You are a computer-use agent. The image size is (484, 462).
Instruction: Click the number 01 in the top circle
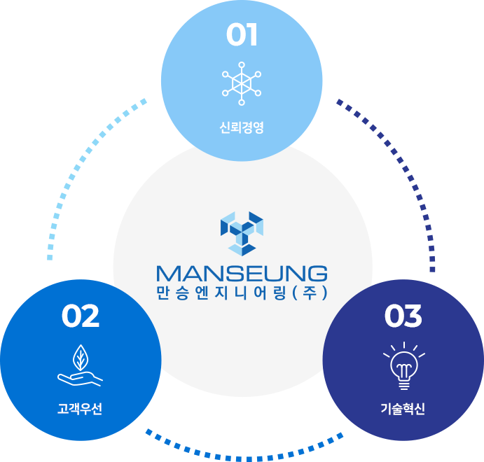tap(242, 34)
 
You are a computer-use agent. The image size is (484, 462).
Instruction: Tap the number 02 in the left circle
tap(81, 316)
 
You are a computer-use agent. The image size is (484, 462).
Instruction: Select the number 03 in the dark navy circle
tap(403, 316)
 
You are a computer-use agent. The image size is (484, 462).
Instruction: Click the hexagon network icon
tap(242, 83)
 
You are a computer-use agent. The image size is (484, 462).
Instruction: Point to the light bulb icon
tap(404, 366)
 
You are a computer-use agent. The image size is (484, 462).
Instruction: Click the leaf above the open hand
tap(81, 358)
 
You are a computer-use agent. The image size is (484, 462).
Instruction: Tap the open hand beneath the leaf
tap(80, 379)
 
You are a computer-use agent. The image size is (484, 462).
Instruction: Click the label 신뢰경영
tap(242, 127)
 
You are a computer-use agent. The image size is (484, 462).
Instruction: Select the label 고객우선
tap(80, 409)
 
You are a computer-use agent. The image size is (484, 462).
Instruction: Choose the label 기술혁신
tap(403, 409)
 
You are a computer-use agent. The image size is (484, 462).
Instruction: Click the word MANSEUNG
tap(242, 274)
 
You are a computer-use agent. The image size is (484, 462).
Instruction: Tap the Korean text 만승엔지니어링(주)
tap(242, 293)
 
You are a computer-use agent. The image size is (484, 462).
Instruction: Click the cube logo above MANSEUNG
tap(242, 234)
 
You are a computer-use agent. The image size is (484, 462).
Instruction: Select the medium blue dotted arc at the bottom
tap(244, 458)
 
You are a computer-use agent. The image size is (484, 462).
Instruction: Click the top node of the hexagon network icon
tap(242, 65)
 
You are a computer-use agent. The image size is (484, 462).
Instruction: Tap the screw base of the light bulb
tap(404, 385)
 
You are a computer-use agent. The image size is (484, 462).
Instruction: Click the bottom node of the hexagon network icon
tap(242, 102)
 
